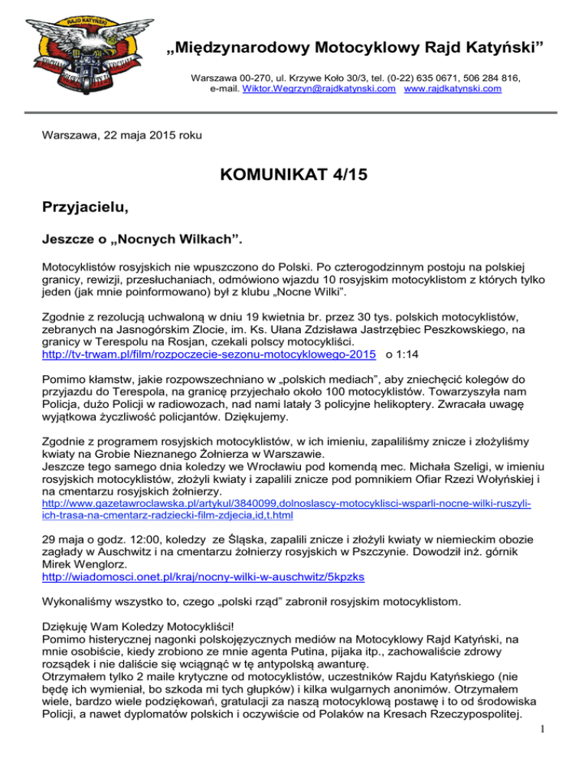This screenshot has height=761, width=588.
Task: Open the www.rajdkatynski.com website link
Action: click(x=452, y=89)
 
